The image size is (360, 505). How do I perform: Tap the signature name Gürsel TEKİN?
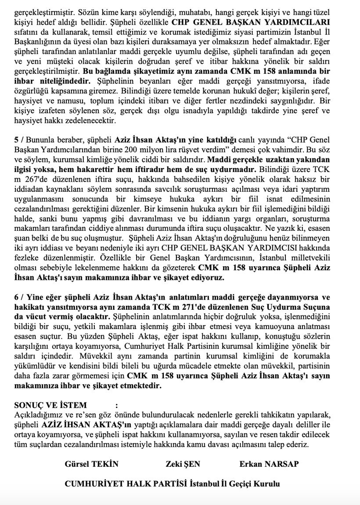(x=91, y=464)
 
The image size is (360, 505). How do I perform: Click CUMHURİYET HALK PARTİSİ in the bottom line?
(x=126, y=484)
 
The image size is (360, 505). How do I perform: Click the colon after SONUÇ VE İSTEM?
(x=116, y=405)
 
